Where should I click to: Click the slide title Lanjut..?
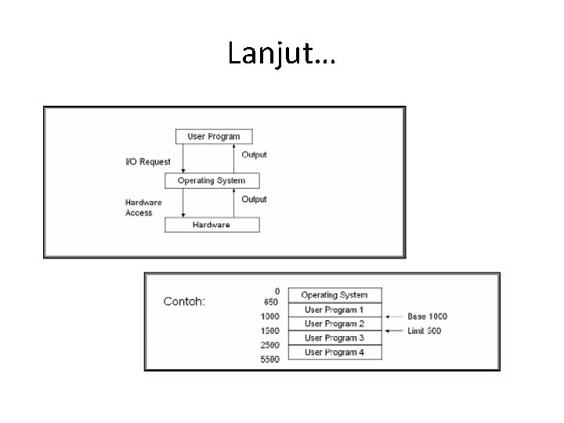[282, 53]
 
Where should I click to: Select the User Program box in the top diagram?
[214, 136]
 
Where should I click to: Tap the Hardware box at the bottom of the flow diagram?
[211, 225]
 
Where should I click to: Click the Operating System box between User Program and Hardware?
[211, 181]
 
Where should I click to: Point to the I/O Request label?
[148, 162]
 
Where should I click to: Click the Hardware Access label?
[143, 208]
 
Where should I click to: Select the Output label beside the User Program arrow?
[255, 154]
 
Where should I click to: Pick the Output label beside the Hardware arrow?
[255, 199]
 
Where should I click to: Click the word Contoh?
[184, 302]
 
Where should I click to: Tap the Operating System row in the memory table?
[335, 295]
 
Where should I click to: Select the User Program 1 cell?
[335, 310]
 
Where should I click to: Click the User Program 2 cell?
[335, 324]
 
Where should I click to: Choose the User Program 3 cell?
[335, 338]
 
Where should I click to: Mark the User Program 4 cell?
[335, 352]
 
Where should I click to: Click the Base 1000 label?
[428, 316]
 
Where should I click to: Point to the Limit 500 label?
[425, 331]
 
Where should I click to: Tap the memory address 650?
[271, 302]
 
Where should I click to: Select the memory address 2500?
[270, 345]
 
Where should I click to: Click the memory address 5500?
[270, 360]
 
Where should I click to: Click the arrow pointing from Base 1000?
[394, 317]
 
